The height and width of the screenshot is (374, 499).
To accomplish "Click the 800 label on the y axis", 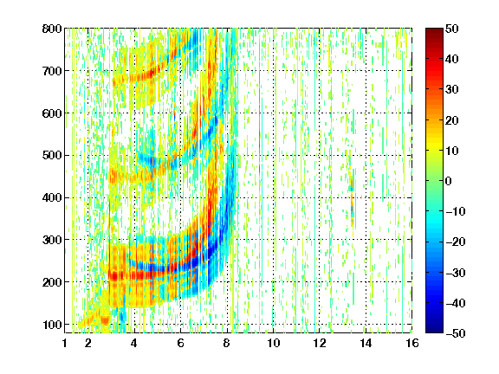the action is coord(52,29).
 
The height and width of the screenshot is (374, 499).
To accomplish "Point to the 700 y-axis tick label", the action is coord(52,71).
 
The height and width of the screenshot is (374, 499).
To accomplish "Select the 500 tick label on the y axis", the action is coord(52,156).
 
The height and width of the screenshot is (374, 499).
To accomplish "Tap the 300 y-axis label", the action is coord(52,240).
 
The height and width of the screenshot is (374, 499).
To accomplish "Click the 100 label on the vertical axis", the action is coord(52,325).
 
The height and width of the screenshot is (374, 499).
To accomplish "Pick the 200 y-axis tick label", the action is coord(52,282).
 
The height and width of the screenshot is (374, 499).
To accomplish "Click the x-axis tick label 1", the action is coord(65,343).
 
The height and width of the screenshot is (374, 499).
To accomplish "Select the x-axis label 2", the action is coord(88,343).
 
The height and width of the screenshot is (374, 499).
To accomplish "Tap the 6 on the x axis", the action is coord(180,343).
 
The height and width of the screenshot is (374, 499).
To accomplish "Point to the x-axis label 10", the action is coord(274,343).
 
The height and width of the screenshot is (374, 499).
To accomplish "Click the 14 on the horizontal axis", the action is coord(366,343).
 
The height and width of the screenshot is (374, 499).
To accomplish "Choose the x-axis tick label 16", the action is coord(412,343).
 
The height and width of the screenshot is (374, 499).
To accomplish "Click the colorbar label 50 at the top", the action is coord(451,29).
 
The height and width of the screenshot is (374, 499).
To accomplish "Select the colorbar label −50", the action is coord(455,333).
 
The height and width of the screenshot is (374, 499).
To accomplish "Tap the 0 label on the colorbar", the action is coord(449,181).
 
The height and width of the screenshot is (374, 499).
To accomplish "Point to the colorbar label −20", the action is coord(455,242).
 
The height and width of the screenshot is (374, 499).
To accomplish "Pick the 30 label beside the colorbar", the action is coord(451,90).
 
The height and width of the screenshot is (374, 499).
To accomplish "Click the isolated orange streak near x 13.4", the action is coord(352,200).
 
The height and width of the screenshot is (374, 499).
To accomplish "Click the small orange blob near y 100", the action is coord(105,319).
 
